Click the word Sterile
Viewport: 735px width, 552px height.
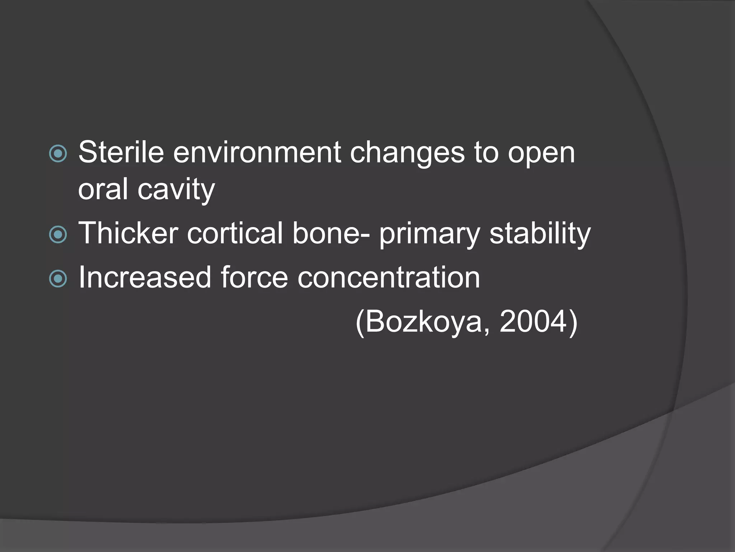point(121,152)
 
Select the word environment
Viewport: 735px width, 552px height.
point(257,152)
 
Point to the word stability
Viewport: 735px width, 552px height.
point(540,234)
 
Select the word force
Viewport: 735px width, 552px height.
point(254,277)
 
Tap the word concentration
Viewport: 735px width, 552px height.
point(389,277)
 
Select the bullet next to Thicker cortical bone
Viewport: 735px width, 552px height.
point(58,235)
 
